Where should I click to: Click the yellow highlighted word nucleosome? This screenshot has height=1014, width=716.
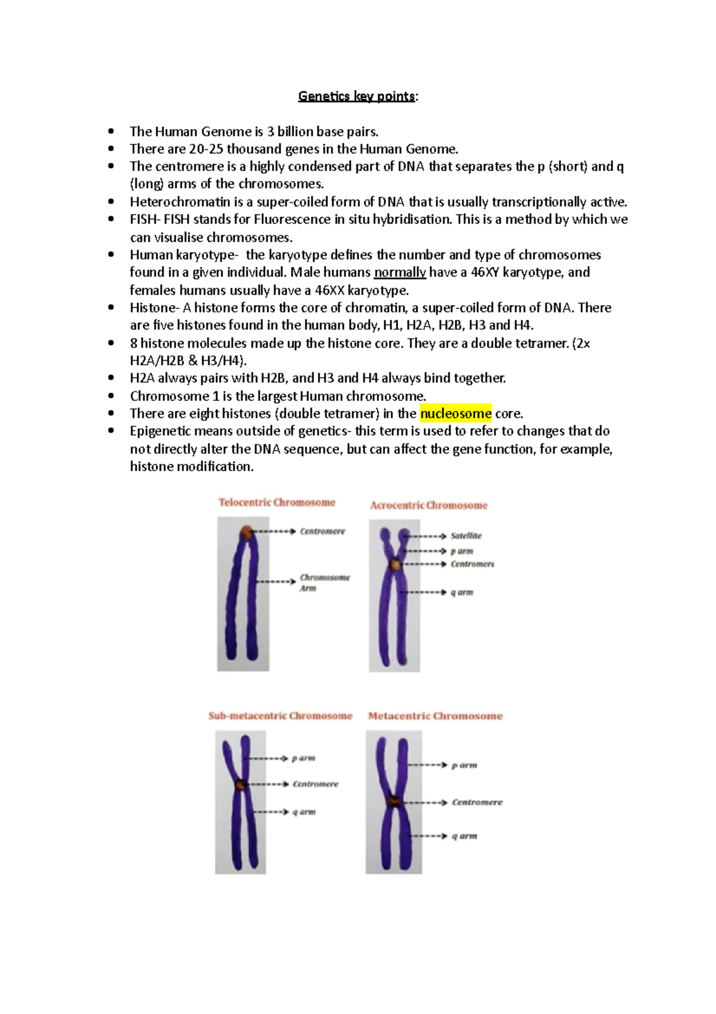[x=455, y=413]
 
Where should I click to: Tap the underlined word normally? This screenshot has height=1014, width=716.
[x=400, y=272]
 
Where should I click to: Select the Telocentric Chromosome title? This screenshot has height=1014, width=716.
[x=277, y=502]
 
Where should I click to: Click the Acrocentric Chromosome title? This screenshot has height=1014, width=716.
[x=428, y=505]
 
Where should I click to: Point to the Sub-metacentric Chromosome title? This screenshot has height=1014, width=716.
[x=280, y=715]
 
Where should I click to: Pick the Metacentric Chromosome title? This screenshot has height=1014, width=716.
[x=435, y=715]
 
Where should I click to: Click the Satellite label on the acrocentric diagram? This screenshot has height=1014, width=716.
[x=466, y=536]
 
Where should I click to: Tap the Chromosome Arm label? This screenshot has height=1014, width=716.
[x=324, y=583]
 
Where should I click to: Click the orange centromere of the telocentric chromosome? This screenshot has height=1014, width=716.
[x=247, y=531]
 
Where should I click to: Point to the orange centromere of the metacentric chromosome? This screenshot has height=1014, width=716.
[x=394, y=801]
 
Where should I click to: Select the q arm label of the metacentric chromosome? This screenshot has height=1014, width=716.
[x=464, y=836]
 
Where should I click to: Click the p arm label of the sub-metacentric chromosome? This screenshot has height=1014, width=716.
[x=303, y=758]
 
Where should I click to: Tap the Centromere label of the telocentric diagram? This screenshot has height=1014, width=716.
[x=322, y=531]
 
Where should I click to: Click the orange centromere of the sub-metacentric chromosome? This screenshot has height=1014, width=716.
[x=240, y=784]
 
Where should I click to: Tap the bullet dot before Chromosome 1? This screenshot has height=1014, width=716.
[x=111, y=396]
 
